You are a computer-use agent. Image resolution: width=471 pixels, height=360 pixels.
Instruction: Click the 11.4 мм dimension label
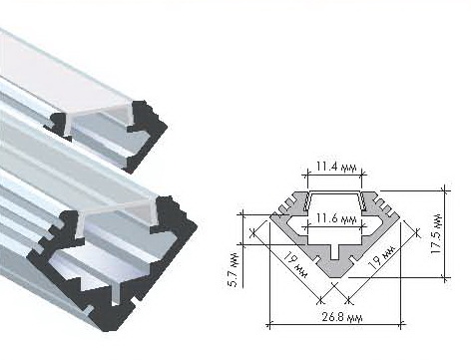coord(336,167)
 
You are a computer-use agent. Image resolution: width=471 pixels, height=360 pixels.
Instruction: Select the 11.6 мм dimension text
coord(336,219)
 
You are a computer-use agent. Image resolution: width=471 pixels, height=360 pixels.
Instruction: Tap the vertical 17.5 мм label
coord(436,233)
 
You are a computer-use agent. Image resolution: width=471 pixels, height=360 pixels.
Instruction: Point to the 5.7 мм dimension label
coord(235,270)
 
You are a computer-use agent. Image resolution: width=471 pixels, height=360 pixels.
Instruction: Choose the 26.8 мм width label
coord(342,317)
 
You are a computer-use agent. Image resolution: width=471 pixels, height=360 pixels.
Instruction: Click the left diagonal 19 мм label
coord(295,265)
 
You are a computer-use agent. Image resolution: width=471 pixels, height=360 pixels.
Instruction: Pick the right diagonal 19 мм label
coord(381,257)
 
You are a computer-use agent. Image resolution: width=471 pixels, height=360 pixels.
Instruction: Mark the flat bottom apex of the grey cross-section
coord(335,276)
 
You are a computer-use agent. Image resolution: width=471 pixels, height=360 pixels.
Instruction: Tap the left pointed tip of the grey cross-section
coord(271,215)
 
